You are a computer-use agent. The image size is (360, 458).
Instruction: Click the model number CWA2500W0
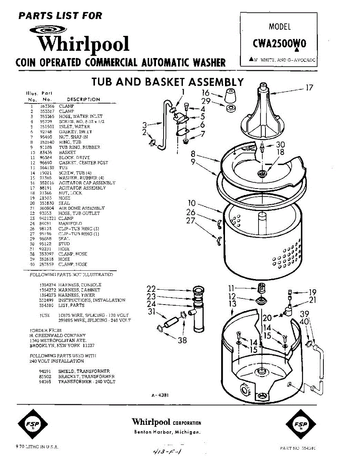coord(279,44)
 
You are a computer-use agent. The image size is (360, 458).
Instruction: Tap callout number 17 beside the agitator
coord(309,88)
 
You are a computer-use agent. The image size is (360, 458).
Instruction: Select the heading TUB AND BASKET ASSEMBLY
coord(167,82)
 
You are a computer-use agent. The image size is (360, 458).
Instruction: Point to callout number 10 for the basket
coord(191,203)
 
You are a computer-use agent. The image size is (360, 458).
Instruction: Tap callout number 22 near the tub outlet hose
coord(151,289)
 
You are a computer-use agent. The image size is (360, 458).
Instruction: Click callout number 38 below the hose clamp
coord(182,340)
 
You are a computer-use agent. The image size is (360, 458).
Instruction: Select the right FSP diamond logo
coord(301,424)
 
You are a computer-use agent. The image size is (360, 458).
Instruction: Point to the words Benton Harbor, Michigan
coord(167,432)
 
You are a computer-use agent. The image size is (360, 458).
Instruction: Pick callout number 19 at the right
coord(313,292)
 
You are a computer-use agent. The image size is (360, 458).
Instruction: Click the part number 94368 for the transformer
coord(45,381)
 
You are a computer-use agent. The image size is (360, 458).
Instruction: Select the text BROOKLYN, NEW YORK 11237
coord(62,345)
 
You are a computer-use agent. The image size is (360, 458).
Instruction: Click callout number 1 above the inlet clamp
coord(183,92)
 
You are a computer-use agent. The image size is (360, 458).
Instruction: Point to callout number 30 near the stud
coord(280,145)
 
